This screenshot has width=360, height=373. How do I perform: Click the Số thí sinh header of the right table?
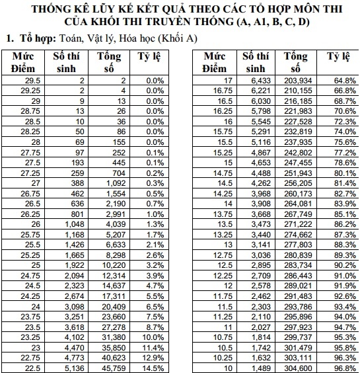click(254, 62)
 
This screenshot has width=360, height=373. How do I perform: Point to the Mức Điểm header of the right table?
click(215, 62)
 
